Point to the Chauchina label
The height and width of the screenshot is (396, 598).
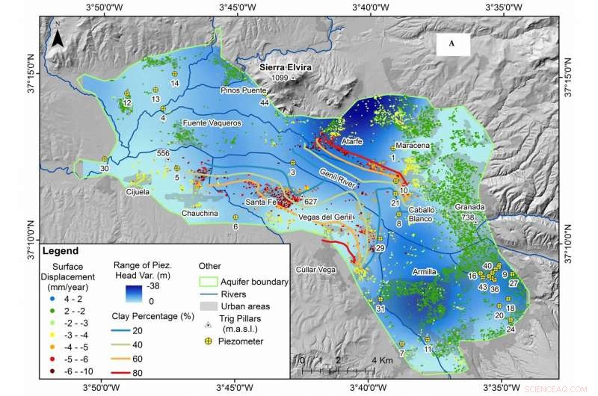(x=204, y=214)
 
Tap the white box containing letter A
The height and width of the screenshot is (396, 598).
(x=452, y=43)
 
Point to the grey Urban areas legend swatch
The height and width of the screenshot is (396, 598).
(x=211, y=306)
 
